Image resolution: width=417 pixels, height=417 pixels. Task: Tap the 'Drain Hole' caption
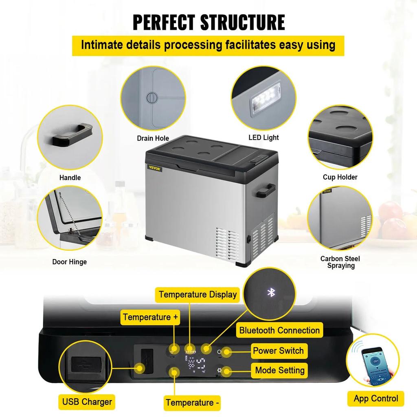click(x=153, y=138)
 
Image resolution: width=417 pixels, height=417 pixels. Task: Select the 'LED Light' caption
click(x=263, y=138)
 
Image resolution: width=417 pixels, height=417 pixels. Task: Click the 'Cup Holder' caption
click(x=340, y=177)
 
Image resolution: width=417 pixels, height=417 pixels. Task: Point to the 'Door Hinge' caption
click(x=69, y=262)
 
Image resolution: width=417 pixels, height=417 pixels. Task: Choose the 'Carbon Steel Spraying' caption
click(x=340, y=262)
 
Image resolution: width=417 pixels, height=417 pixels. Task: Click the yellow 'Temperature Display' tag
click(x=198, y=294)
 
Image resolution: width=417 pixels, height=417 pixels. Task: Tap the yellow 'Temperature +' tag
click(x=150, y=317)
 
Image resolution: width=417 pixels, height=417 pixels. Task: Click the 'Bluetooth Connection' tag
click(x=279, y=330)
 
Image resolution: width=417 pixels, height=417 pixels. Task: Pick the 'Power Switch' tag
click(x=278, y=351)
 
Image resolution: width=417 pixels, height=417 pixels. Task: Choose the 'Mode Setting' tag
click(x=280, y=370)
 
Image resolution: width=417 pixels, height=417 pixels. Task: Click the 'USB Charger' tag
click(x=87, y=402)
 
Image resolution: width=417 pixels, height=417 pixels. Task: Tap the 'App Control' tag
click(x=375, y=398)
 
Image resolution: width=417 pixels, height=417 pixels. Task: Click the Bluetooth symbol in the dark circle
click(x=271, y=292)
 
